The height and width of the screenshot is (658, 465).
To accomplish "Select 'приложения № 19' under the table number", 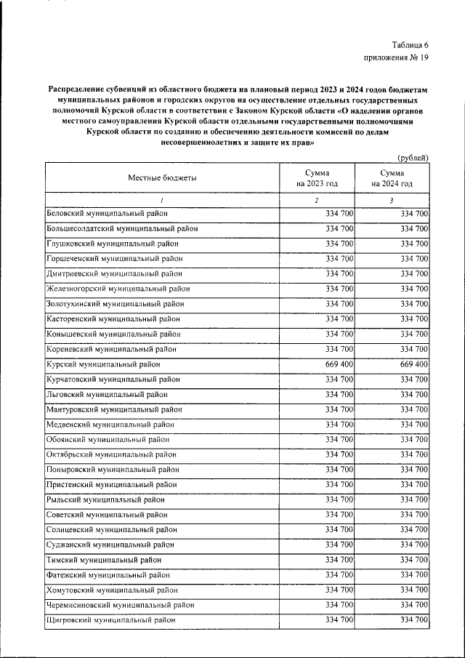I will tap(397, 59).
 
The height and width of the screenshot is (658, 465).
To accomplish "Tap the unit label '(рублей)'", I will tap(413, 158).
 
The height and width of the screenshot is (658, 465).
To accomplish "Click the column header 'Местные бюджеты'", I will tap(162, 178).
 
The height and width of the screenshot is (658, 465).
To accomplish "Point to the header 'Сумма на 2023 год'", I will tap(317, 178).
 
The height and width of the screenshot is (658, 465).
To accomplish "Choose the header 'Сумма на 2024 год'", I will tap(392, 178).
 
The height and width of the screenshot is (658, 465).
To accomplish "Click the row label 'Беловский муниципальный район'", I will tap(107, 213).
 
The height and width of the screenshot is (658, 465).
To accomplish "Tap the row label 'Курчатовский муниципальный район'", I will tap(113, 379).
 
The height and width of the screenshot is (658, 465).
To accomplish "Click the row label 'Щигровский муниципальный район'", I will tap(110, 619).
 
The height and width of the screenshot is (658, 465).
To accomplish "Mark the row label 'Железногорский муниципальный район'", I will tap(118, 289).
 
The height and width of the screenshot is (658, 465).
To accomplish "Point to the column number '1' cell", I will tap(162, 199).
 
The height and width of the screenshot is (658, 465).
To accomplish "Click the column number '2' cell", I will tap(317, 199).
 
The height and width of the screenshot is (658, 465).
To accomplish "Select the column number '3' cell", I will tap(392, 199).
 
